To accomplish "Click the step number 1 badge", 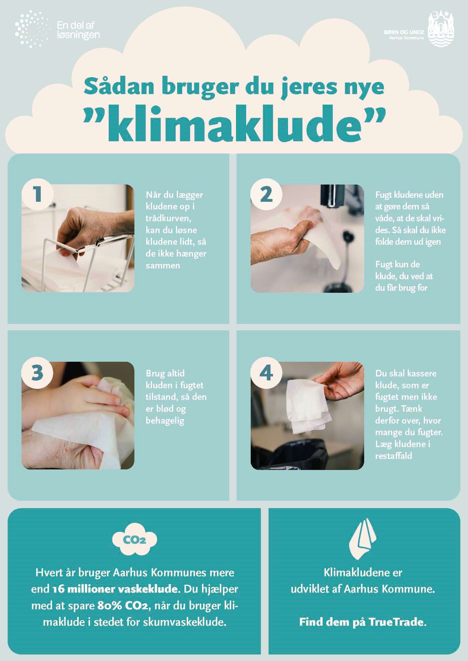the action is click(x=37, y=194).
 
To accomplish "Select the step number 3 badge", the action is click(x=37, y=373).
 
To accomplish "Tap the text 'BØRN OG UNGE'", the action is click(x=404, y=32).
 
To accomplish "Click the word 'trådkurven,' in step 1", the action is click(x=168, y=218).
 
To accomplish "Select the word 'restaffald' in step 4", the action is click(x=394, y=456).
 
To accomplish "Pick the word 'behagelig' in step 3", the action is click(x=165, y=421).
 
